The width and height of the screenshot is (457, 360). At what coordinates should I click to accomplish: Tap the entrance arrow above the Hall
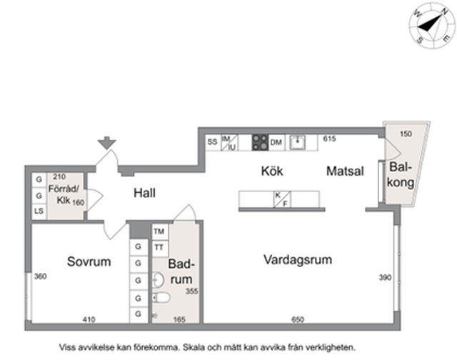point(107,143)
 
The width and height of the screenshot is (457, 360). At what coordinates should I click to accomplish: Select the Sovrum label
point(89,261)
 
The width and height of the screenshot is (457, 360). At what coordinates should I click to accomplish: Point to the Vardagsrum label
point(297,259)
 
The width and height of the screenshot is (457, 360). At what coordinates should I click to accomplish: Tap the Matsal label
point(346,171)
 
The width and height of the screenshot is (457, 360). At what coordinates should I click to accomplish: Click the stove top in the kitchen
point(260,142)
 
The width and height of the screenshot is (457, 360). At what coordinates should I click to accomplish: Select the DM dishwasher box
point(276,143)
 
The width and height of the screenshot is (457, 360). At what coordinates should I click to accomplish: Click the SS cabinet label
point(212,142)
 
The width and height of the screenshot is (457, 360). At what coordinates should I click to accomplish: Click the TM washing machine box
point(159,231)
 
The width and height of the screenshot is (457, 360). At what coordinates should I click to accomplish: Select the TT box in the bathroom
point(159,246)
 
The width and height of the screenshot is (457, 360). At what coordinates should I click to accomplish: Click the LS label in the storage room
point(38,212)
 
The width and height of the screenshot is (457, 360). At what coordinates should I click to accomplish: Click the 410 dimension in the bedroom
point(89,320)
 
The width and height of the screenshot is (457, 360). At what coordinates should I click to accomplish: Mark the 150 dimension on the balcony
point(406,134)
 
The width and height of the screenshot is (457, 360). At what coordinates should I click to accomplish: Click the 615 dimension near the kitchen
point(329,139)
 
